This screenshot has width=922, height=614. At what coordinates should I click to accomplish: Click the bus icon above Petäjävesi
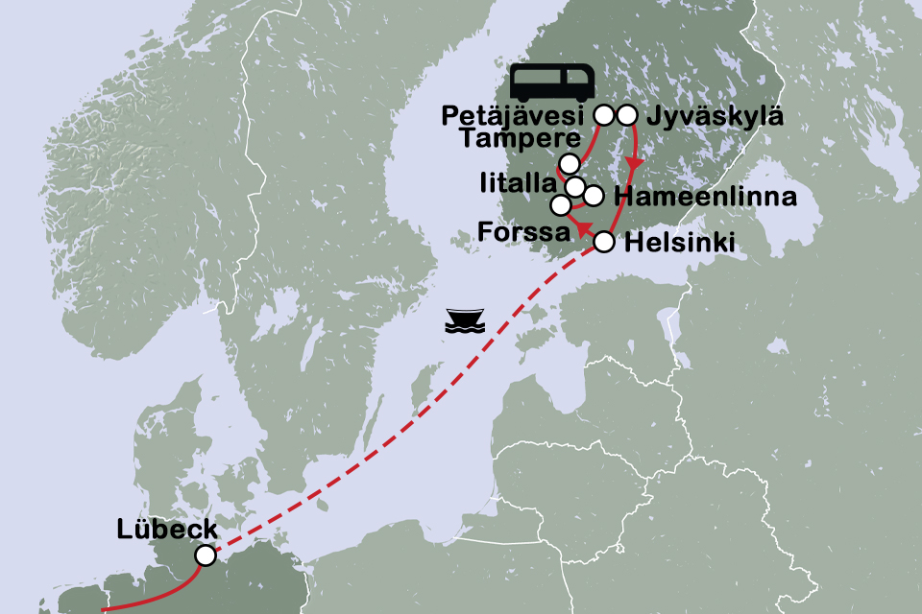coord(551,83)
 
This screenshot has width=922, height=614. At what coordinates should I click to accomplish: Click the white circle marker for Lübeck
coord(205,555)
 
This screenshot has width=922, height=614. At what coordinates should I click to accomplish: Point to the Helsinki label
coord(680,244)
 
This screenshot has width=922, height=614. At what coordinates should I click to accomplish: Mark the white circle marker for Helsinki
coord(604,242)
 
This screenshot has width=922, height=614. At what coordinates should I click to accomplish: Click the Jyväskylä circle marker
coord(627,115)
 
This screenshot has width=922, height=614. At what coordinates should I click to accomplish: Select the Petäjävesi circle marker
coord(604,115)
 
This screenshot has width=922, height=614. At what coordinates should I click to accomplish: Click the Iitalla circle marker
coord(574,186)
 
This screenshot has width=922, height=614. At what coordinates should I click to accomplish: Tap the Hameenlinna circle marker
coord(594,196)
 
